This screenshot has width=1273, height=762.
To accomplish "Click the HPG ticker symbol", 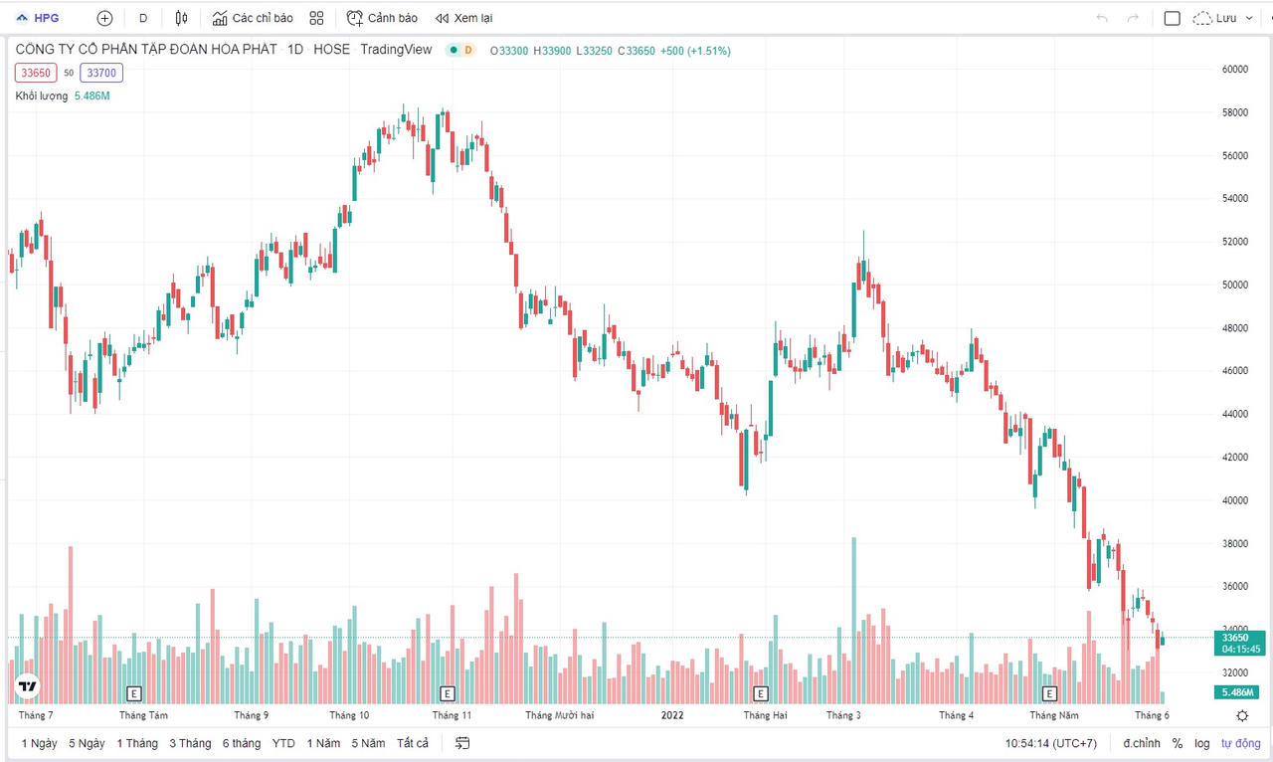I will click(x=46, y=18).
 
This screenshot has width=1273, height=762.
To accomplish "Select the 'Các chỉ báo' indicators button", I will click(x=253, y=18).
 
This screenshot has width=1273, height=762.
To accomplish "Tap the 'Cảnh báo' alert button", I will click(x=382, y=18).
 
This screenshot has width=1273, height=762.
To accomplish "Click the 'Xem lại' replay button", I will click(x=463, y=18).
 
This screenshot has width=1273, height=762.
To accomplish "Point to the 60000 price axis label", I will click(x=1235, y=70).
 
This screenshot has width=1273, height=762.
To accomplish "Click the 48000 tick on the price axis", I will click(x=1235, y=328).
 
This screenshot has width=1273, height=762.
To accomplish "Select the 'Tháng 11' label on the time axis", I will click(x=452, y=715).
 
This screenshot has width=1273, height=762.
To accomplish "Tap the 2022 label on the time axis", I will click(x=673, y=715).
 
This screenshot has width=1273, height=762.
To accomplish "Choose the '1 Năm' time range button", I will click(x=323, y=743).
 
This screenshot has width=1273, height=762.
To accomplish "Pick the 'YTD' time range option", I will click(x=283, y=743).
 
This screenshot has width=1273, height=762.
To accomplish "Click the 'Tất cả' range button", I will click(x=413, y=743).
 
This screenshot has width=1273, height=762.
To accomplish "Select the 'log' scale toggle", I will click(x=1202, y=743).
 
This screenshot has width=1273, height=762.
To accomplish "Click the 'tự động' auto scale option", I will click(x=1240, y=743).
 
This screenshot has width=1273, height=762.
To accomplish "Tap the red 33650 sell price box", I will click(x=36, y=73).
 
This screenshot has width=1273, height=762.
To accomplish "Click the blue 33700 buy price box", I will click(x=102, y=73).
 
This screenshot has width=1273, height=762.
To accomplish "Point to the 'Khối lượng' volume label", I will click(x=42, y=95).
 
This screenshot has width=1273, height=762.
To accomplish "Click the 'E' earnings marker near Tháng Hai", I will click(x=761, y=693).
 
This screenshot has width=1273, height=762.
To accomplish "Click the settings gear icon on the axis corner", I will click(x=1242, y=715).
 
